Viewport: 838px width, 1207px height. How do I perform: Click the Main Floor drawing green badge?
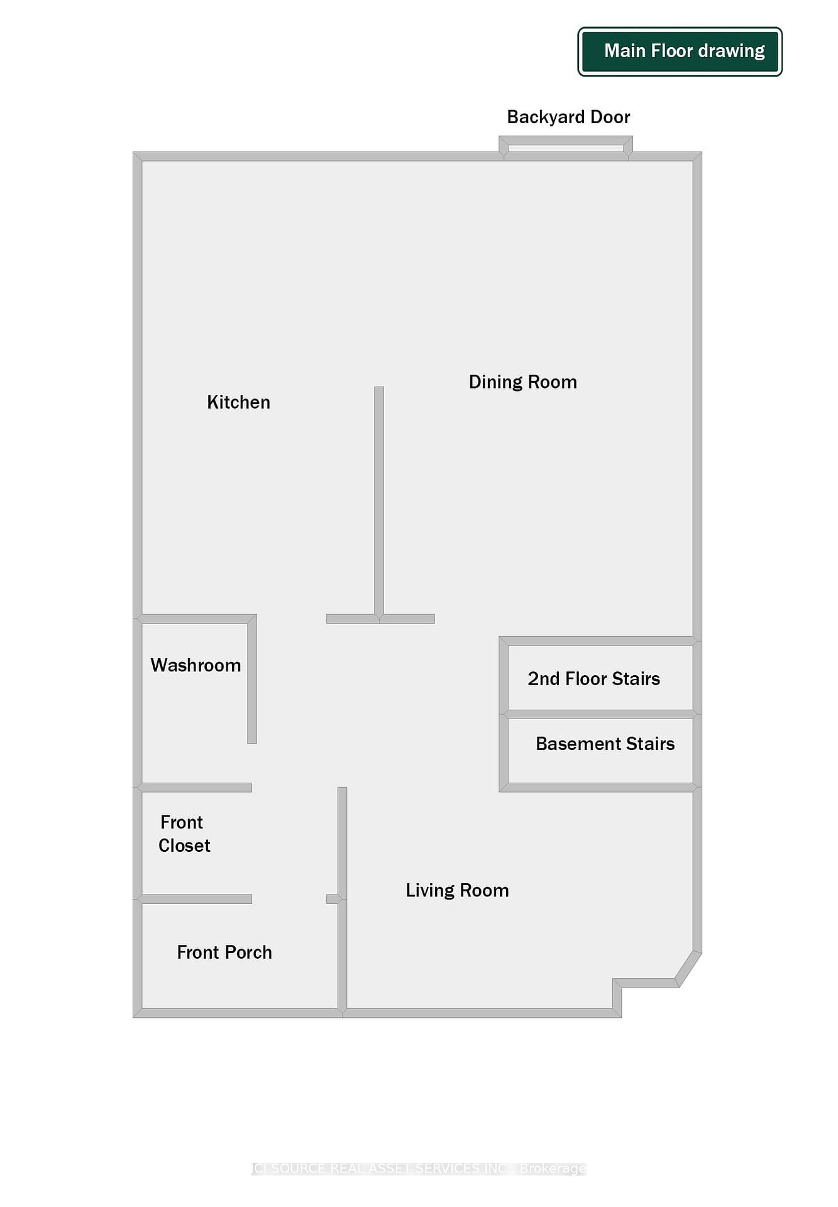[680, 52]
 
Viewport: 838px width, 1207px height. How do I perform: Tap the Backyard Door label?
[568, 117]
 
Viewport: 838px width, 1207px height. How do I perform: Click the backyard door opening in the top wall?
[566, 149]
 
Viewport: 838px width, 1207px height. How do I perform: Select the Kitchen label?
[238, 402]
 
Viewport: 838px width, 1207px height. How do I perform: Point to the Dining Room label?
[522, 382]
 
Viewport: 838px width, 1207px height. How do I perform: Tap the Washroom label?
[196, 665]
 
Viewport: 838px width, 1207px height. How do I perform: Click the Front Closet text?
[183, 834]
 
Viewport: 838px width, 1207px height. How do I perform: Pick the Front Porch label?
[224, 952]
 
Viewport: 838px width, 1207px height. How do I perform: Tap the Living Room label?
[457, 890]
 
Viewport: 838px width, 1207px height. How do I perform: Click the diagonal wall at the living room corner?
[688, 969]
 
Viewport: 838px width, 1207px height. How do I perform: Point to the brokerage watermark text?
[419, 1169]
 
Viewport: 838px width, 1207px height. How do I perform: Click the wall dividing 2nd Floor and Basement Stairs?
[600, 714]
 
